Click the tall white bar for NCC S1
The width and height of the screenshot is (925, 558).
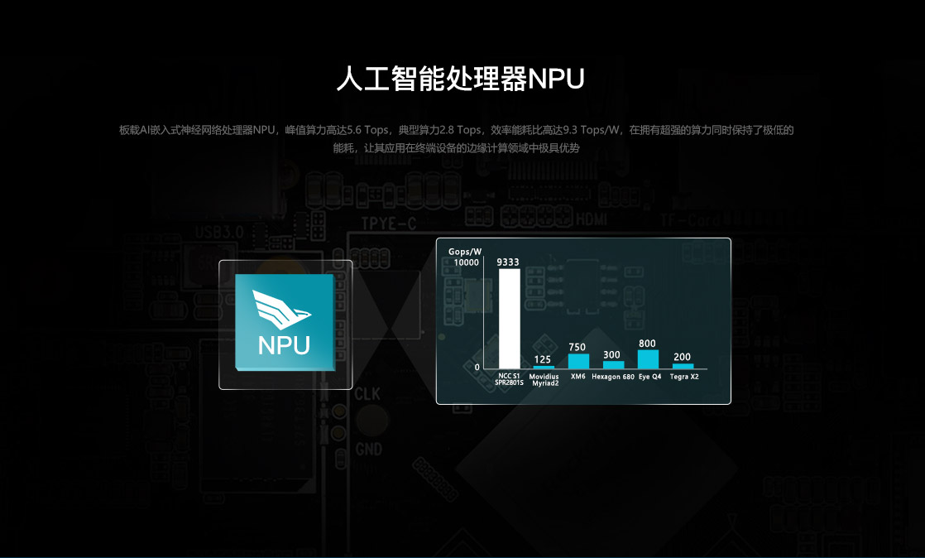[x=509, y=319]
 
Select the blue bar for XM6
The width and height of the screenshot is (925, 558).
[x=578, y=361]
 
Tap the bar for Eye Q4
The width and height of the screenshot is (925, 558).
[x=648, y=359]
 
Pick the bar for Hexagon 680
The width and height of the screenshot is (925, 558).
[x=613, y=364]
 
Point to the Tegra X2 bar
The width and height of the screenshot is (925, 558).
[x=683, y=366]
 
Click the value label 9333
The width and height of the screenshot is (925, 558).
[x=508, y=262]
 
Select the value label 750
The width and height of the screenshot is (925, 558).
[x=578, y=348]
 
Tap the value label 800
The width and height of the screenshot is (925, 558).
[x=647, y=344]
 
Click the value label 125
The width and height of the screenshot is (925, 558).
[x=543, y=359]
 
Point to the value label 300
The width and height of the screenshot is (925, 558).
[x=612, y=355]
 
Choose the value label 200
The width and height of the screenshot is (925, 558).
[x=682, y=357]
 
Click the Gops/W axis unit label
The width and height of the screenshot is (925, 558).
[x=464, y=251]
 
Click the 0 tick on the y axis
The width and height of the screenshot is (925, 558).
[x=477, y=367]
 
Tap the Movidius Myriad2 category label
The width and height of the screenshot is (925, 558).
[x=544, y=380]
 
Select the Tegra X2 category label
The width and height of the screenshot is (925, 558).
[x=683, y=377]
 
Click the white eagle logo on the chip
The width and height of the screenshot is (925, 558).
[x=284, y=308]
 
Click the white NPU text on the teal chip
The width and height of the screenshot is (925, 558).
[x=284, y=345]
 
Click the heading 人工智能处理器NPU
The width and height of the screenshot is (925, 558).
[x=461, y=79]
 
